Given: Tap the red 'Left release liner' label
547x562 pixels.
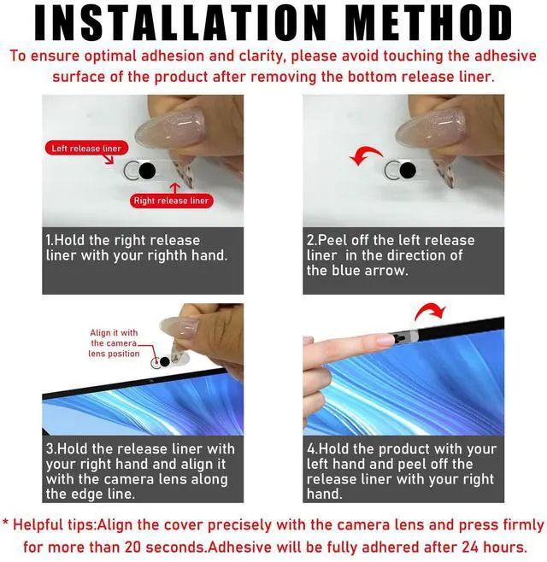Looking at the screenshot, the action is click(86, 148).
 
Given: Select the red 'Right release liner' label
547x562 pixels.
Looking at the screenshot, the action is click(171, 201).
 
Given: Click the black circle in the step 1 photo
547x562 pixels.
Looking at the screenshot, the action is click(147, 171).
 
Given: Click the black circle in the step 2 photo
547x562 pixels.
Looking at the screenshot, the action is click(408, 171).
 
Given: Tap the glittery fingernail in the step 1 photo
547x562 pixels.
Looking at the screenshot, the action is click(170, 128).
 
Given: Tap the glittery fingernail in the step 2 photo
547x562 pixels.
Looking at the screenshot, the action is click(431, 128).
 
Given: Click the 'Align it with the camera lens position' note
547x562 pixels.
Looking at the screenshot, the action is click(114, 343).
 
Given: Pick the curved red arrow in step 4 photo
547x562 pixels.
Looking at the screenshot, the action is click(430, 311).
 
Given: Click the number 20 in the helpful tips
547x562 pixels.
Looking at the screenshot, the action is click(133, 547).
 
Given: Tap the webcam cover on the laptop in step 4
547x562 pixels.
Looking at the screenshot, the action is click(405, 337).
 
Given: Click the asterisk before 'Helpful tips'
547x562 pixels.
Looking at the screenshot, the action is click(5, 522).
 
